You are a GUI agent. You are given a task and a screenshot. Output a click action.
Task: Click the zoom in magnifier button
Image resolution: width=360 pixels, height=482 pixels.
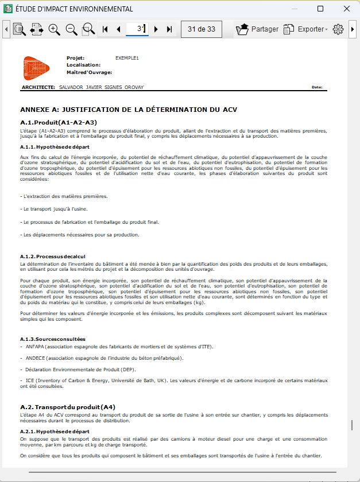pos(55,29)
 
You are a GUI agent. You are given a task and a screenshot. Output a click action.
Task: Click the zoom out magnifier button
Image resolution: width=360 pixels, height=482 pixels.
pos(72,29)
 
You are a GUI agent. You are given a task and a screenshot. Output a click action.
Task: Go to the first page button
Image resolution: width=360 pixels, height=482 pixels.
pos(105,29)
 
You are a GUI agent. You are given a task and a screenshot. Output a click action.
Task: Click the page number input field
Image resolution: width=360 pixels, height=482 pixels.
pos(137,29)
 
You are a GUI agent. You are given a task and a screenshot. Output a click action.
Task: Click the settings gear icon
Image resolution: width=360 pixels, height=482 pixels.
pos(338,29)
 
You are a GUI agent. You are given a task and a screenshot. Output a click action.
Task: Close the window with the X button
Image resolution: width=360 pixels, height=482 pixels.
pos(347,9)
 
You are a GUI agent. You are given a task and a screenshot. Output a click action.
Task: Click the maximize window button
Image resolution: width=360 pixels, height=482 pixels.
pos(320,9)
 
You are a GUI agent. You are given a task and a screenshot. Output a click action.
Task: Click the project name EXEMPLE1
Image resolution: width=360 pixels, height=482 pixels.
pos(127,58)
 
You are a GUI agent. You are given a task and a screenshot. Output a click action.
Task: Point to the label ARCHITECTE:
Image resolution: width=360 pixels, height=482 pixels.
pos(38,87)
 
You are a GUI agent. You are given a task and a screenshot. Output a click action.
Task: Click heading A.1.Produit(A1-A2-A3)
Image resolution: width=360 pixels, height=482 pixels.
pos(59,122)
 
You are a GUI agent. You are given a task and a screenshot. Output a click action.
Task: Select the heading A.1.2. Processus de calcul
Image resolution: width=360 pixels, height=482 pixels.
pos(52,256)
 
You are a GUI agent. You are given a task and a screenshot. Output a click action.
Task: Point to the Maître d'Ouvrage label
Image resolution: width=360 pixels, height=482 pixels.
pos(89,72)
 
